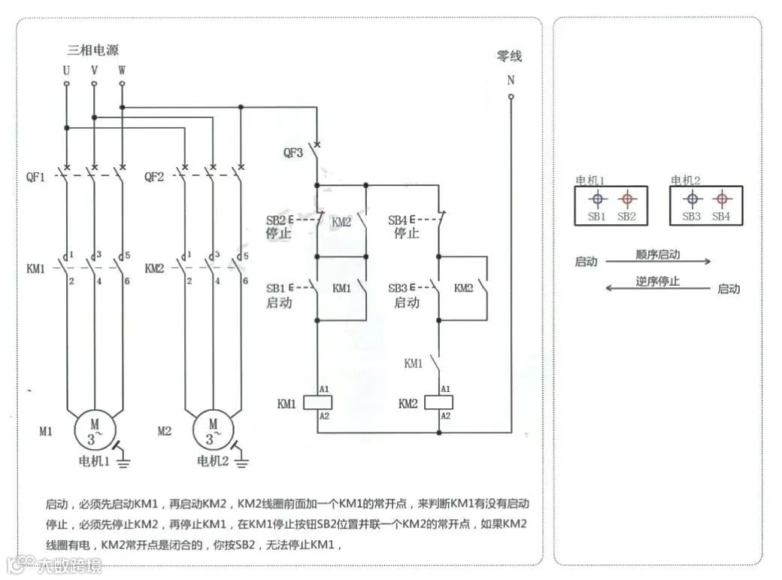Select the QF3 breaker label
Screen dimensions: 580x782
pyautogui.click(x=293, y=153)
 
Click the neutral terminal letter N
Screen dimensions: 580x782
pyautogui.click(x=511, y=80)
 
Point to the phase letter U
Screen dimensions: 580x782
pyautogui.click(x=66, y=70)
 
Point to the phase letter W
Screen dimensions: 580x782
pyautogui.click(x=122, y=70)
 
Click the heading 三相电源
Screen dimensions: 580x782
pyautogui.click(x=92, y=50)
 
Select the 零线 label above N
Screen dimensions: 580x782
pyautogui.click(x=509, y=56)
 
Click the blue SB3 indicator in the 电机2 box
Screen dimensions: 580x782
pyautogui.click(x=692, y=199)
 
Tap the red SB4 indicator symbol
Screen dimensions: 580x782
pyautogui.click(x=721, y=199)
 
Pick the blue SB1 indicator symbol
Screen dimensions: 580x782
pyautogui.click(x=597, y=199)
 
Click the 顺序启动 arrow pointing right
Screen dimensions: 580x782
pyautogui.click(x=658, y=262)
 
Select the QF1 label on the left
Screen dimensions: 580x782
pyautogui.click(x=36, y=178)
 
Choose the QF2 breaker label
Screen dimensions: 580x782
pyautogui.click(x=154, y=178)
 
